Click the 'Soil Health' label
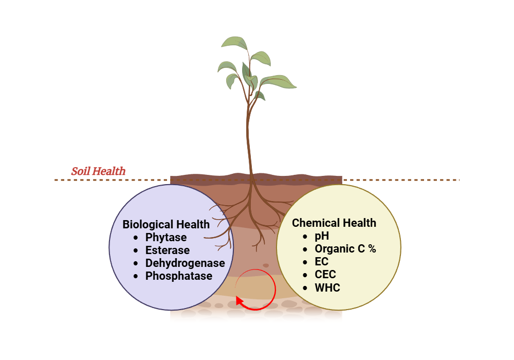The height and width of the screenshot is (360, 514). click(x=98, y=171)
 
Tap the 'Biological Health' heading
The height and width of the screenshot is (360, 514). click(x=166, y=225)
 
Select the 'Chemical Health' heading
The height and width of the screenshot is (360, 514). click(x=334, y=223)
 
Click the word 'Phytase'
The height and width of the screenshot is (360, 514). click(x=166, y=238)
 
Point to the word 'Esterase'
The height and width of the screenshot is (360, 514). click(x=168, y=250)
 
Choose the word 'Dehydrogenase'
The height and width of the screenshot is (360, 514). click(x=185, y=263)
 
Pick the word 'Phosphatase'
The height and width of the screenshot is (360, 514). click(x=179, y=276)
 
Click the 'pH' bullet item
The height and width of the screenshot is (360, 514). click(x=322, y=236)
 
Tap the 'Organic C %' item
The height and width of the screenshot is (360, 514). click(x=345, y=249)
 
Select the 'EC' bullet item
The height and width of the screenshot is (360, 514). click(x=322, y=262)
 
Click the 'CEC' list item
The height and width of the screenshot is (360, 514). click(x=325, y=275)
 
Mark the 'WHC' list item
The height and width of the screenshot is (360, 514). click(x=327, y=287)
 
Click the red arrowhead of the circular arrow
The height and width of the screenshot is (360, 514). click(x=240, y=300)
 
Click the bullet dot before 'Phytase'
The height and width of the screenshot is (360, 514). click(x=136, y=238)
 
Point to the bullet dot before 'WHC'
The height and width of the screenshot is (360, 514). click(x=305, y=287)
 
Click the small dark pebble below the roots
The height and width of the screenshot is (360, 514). click(x=266, y=265)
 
